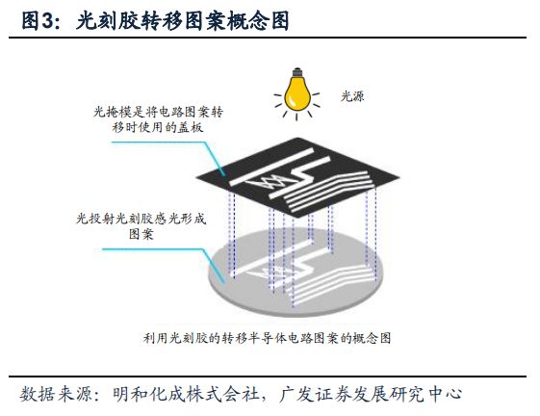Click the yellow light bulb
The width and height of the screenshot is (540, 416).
[x=297, y=93]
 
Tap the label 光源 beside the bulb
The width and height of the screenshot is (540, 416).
[x=352, y=96]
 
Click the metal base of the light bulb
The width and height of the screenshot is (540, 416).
[x=297, y=72]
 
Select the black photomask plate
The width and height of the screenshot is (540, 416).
[x=297, y=177]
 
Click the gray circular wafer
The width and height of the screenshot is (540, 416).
[x=296, y=273]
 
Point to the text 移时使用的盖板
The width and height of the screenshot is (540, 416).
[x=158, y=127]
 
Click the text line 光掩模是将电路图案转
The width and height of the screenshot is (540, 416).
[x=159, y=112]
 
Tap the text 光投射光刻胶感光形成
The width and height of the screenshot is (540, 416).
[x=141, y=219]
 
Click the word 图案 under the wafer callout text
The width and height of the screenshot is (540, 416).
[x=141, y=234]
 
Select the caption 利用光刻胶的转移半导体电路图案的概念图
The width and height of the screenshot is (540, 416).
[x=268, y=338]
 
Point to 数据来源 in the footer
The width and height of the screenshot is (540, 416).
[x=56, y=394]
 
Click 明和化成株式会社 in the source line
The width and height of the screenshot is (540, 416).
[x=186, y=394]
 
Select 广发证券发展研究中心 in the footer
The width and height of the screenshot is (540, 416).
[x=371, y=394]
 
